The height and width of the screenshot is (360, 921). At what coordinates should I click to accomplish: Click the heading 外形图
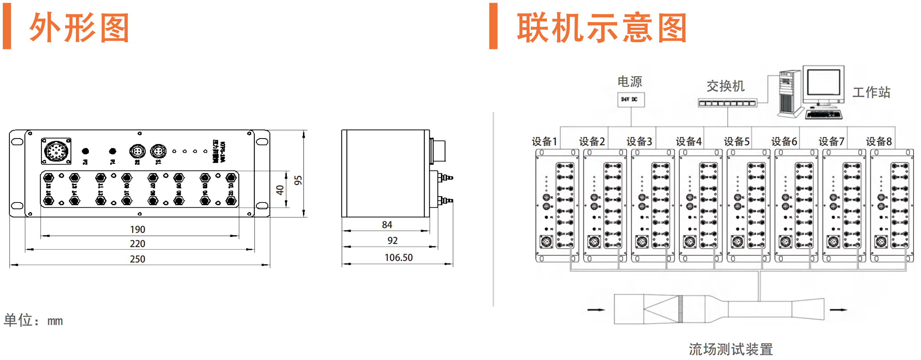[79, 28]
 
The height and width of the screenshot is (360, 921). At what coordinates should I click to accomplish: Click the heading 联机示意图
[602, 28]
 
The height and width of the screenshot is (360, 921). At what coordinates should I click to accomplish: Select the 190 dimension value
[138, 229]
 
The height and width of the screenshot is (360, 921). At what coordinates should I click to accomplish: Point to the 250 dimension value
[138, 259]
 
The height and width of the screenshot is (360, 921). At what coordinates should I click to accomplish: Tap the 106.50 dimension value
[399, 258]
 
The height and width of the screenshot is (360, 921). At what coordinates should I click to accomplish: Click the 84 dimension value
[387, 225]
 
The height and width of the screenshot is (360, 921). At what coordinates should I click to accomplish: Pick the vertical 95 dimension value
[298, 180]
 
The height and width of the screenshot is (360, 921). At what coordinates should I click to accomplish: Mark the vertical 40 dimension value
[280, 190]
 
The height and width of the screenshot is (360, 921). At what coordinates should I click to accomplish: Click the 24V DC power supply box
[631, 99]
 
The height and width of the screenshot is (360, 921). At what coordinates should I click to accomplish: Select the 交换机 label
[725, 86]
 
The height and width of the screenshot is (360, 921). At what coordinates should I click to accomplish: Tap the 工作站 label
[871, 92]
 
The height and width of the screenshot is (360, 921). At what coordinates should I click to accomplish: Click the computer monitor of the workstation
[823, 83]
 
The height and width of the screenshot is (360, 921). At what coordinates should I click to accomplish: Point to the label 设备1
[544, 141]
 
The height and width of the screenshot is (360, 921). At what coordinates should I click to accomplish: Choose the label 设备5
[737, 141]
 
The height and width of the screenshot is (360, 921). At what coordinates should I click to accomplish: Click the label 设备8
[879, 141]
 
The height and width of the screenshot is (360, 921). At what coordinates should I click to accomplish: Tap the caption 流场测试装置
[731, 349]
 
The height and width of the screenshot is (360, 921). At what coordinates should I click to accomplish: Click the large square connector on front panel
[56, 151]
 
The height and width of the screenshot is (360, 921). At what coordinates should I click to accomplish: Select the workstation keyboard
[824, 115]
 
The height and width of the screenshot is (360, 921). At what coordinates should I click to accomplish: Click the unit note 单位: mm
[33, 320]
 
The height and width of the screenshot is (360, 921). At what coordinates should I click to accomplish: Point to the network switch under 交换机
[727, 103]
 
